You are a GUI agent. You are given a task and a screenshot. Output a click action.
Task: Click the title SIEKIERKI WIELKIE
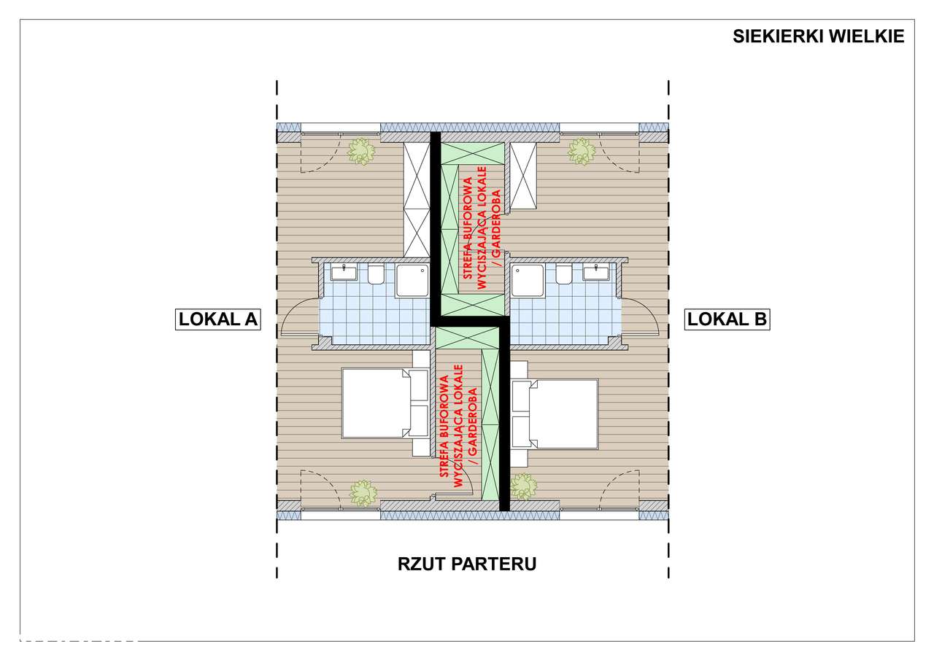coord(818,36)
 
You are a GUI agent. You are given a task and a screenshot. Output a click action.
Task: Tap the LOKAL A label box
coord(218,319)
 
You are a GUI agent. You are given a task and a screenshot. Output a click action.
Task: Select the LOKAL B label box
coord(726,319)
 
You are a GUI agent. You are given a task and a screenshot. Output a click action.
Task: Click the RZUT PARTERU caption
coord(467,564)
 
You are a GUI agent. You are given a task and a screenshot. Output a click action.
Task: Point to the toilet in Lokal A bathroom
coord(376,274)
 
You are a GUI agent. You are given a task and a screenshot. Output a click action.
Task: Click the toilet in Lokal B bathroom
coord(563,274)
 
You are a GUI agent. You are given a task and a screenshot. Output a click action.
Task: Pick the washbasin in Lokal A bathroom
coord(343,273)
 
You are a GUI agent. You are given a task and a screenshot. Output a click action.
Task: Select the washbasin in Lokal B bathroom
coord(596,273)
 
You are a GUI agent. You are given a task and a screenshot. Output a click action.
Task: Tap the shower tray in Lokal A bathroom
coord(414,281)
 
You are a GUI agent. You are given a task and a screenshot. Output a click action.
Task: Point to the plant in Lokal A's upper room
coord(360,152)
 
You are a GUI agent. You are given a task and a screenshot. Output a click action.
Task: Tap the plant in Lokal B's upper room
coord(582,152)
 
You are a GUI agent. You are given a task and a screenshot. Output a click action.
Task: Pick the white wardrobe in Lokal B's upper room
coord(523,176)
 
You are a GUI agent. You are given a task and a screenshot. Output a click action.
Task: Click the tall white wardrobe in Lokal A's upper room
coord(417,199)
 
